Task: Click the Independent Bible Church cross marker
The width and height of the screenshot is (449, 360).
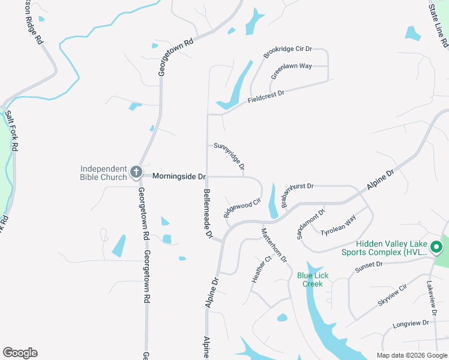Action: (x=136, y=173)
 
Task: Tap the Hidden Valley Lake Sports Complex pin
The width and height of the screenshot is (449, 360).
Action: (x=438, y=247)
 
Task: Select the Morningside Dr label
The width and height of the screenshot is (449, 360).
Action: (x=179, y=176)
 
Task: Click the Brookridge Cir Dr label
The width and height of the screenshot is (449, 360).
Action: (x=288, y=52)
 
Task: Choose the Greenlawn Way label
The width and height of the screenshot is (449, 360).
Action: (x=291, y=70)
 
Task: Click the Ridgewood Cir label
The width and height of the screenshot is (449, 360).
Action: (x=242, y=208)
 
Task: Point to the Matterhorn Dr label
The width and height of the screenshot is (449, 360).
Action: (x=274, y=244)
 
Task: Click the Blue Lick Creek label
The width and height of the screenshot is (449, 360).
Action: (x=310, y=280)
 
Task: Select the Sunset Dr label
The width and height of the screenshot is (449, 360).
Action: (x=369, y=267)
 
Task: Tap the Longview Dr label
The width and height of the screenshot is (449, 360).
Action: (x=411, y=323)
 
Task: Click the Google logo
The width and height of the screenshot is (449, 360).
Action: (x=20, y=353)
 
